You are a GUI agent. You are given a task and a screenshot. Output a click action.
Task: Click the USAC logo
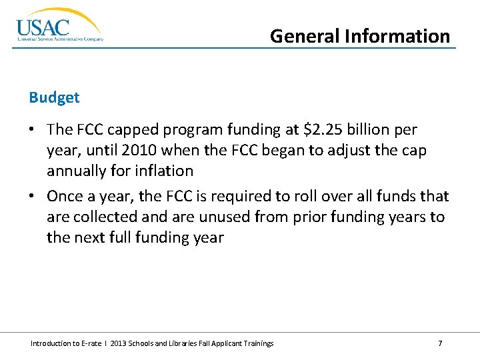coord(59,26)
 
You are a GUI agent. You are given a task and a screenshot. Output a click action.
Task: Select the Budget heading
coord(54,97)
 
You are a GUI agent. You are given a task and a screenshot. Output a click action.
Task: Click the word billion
coord(372,129)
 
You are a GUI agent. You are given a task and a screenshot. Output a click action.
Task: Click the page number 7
coord(440,343)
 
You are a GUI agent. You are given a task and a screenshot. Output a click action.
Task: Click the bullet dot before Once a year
coord(33,197)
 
